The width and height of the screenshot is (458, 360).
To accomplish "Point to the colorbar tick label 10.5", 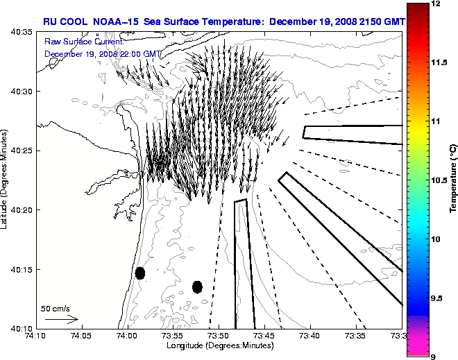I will [x=439, y=180].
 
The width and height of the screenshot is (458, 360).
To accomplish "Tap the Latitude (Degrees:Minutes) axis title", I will [x=6, y=180].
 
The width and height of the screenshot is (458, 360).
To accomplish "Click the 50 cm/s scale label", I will [x=56, y=308].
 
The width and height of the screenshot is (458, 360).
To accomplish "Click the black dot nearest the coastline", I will [x=139, y=273].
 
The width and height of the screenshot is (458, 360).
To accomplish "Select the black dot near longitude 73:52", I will [x=197, y=286].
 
